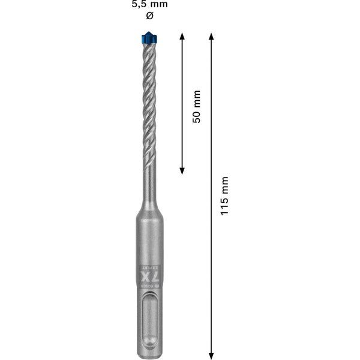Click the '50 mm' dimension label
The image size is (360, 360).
click(x=196, y=106)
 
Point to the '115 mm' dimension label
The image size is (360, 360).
click(x=224, y=197)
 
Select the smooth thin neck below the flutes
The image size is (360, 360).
click(x=149, y=180)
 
